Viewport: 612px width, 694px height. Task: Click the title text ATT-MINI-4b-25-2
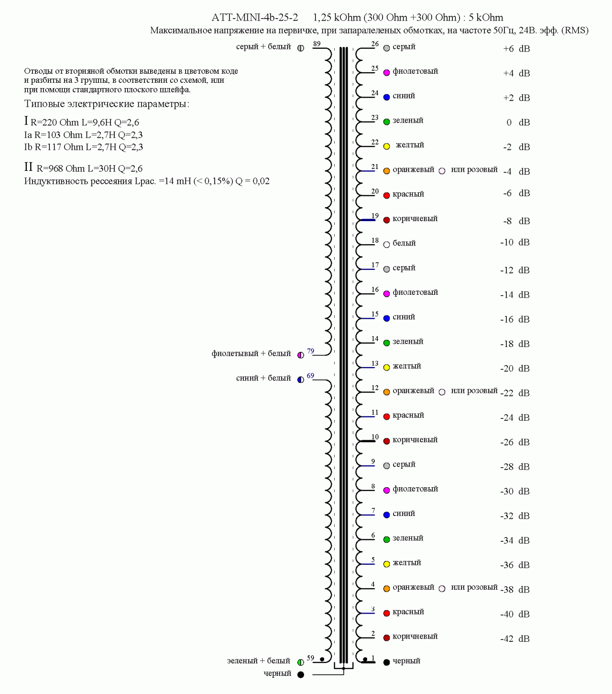point(254,18)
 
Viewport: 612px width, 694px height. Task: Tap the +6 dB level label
point(516,49)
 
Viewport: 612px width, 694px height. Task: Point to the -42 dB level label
point(515,639)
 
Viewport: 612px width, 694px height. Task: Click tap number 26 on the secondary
point(375,44)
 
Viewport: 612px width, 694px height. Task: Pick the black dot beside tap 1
point(387,662)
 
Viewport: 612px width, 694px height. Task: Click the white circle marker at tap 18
point(387,245)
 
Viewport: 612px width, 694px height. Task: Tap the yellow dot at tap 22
point(387,146)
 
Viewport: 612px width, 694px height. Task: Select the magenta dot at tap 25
point(387,73)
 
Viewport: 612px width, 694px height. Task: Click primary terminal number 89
point(317,44)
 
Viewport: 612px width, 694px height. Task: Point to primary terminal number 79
point(311,351)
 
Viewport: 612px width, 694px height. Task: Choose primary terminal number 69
point(311,376)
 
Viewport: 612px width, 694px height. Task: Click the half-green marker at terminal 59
point(301,662)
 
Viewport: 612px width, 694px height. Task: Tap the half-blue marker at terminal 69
point(301,380)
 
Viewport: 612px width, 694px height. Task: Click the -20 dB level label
point(515,369)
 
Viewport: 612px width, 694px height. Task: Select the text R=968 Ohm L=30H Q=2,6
point(89,168)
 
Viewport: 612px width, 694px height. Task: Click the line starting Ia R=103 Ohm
point(84,135)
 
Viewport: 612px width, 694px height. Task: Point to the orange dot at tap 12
point(387,392)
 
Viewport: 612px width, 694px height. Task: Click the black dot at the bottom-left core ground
point(301,675)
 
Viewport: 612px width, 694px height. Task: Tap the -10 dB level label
point(515,243)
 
